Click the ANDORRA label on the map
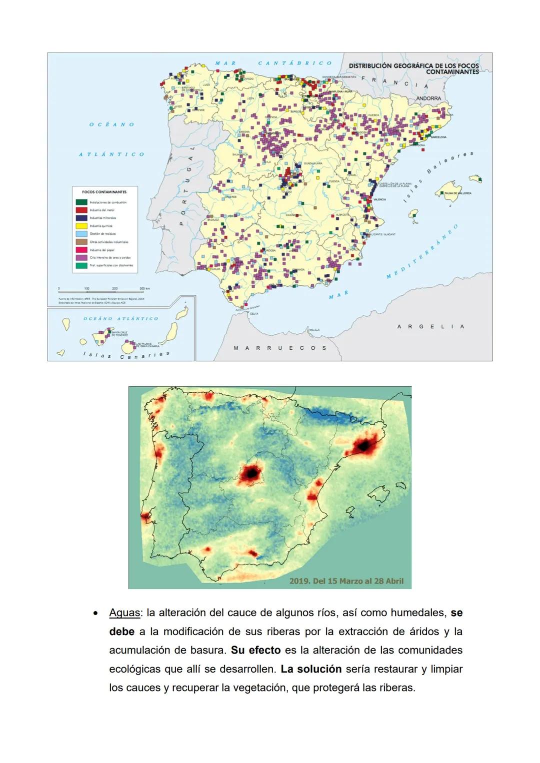428,98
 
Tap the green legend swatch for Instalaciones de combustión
81,202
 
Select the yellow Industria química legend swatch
81,226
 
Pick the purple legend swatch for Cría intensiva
81,257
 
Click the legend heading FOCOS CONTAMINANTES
104,192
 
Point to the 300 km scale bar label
144,289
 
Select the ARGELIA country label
430,327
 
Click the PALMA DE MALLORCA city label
457,193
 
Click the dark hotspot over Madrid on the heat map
251,472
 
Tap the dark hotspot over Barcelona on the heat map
365,445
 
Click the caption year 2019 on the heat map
299,581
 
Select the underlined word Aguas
124,613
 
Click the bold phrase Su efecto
255,650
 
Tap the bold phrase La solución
311,669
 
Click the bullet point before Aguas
94,613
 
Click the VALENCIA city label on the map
380,199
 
